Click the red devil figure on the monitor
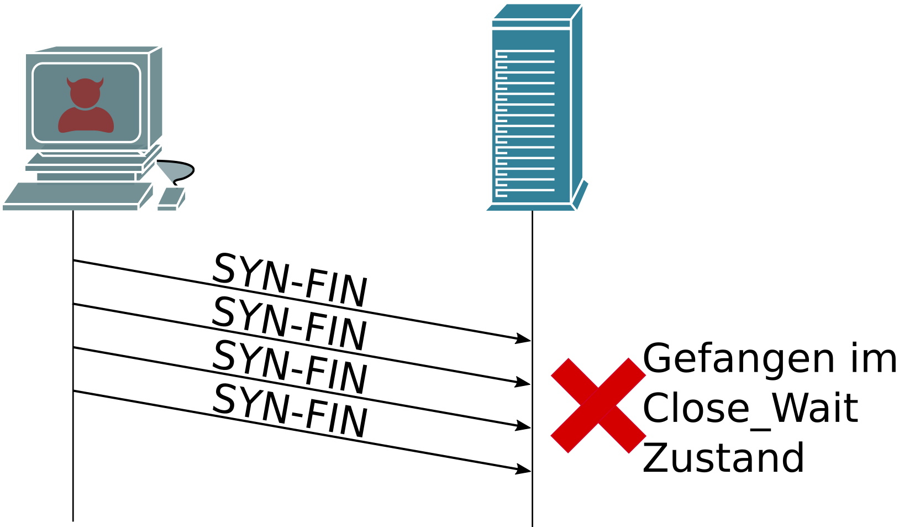[86, 106]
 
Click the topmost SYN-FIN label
[290, 280]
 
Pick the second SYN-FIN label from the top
[290, 323]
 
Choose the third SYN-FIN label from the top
[290, 367]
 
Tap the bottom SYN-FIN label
[290, 411]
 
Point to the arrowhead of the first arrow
[524, 339]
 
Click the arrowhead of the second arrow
[524, 383]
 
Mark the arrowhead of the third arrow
[524, 426]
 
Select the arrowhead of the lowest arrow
[524, 470]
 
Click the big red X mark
[598, 405]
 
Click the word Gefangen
[738, 359]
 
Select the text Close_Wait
[750, 409]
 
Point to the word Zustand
[723, 458]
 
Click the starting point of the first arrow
[74, 260]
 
